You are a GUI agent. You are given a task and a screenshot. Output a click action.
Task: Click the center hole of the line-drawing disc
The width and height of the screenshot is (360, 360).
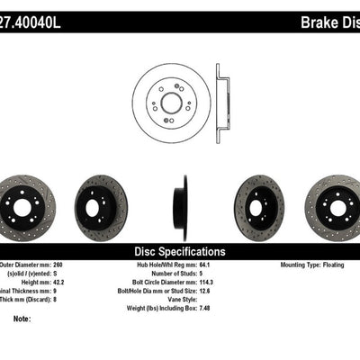click(x=171, y=103)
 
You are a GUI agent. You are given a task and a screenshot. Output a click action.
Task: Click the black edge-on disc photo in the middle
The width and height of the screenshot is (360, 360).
click(x=181, y=208)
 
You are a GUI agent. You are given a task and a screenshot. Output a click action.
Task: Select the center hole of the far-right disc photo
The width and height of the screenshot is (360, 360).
click(x=337, y=208)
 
